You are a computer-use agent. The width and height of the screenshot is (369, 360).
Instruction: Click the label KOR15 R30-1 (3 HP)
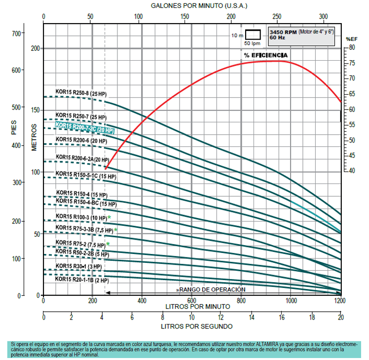pos(78,266)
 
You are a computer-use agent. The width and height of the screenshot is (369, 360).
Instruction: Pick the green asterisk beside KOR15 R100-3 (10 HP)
pos(109,217)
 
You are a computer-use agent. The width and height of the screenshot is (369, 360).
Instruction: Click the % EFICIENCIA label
pos(265,55)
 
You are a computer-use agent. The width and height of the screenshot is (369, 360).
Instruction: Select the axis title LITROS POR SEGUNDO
pos(196,326)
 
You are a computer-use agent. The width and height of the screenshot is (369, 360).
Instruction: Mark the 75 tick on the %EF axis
pos(351,63)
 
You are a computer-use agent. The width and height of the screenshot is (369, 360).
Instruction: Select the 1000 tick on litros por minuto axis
pos(291,300)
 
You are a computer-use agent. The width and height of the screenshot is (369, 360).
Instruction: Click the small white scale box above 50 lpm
pos(253,35)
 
